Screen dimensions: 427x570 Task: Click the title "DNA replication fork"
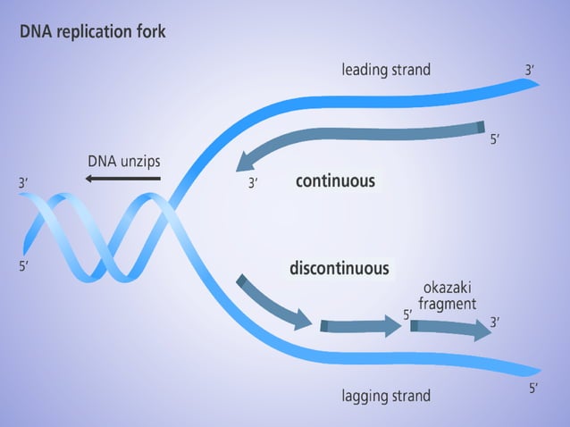(92, 31)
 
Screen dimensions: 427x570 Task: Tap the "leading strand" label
(386, 69)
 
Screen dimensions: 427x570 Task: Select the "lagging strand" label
(386, 395)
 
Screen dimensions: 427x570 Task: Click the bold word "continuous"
(335, 181)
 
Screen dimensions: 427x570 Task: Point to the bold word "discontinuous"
(339, 268)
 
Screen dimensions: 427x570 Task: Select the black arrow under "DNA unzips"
(123, 179)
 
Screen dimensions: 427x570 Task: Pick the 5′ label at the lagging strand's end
(533, 388)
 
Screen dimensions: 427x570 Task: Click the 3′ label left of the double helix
(23, 183)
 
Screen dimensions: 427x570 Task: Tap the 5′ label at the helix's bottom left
(23, 266)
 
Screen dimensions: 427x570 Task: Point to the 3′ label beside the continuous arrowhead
(253, 184)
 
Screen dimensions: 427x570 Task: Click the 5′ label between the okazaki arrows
(407, 314)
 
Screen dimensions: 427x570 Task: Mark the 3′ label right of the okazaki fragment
(495, 322)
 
